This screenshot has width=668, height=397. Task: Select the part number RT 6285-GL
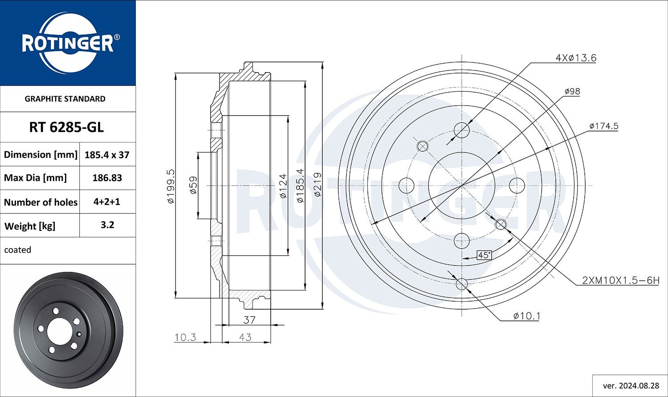coord(66,127)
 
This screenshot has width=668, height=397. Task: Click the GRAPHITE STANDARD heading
coord(65,99)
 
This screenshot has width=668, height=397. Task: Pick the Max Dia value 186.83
coord(107,178)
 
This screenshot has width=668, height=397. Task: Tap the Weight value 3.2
coord(107,225)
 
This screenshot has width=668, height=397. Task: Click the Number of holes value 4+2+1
coord(107,201)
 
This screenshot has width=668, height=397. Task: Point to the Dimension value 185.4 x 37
coord(107,155)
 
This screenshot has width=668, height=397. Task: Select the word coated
coord(18,250)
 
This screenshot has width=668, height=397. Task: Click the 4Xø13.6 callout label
coord(575,58)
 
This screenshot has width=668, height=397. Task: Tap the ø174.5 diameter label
coord(603,126)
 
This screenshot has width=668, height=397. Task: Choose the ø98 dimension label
coord(572,91)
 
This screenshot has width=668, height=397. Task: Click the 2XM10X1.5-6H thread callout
coord(620,280)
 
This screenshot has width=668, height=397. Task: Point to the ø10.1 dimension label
coord(526,316)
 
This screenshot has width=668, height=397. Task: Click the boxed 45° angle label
coord(484,255)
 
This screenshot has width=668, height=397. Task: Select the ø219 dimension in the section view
coord(318,185)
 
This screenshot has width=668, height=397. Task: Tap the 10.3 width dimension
coord(185,337)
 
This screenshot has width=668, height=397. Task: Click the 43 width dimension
coord(245,337)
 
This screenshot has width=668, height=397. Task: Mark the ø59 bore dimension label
coord(193,185)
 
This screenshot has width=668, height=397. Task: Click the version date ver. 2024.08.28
coord(631,385)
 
